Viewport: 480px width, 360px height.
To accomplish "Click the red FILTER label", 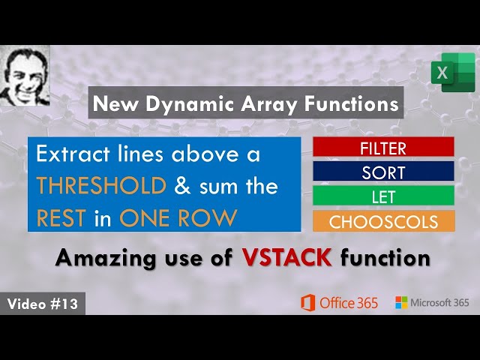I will [383, 147].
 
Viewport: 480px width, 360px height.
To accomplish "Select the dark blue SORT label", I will [383, 172].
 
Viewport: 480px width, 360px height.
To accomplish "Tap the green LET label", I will [383, 196].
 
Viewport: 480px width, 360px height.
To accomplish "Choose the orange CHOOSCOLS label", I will [383, 221].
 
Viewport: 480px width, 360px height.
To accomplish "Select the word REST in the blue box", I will [61, 217].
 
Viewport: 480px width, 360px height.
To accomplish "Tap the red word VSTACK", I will [287, 258].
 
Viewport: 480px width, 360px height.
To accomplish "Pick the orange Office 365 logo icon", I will [307, 303].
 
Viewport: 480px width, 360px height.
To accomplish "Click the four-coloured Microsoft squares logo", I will [401, 303].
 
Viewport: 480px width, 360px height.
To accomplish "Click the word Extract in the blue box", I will [73, 155].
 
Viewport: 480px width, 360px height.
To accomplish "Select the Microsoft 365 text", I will [440, 303].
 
